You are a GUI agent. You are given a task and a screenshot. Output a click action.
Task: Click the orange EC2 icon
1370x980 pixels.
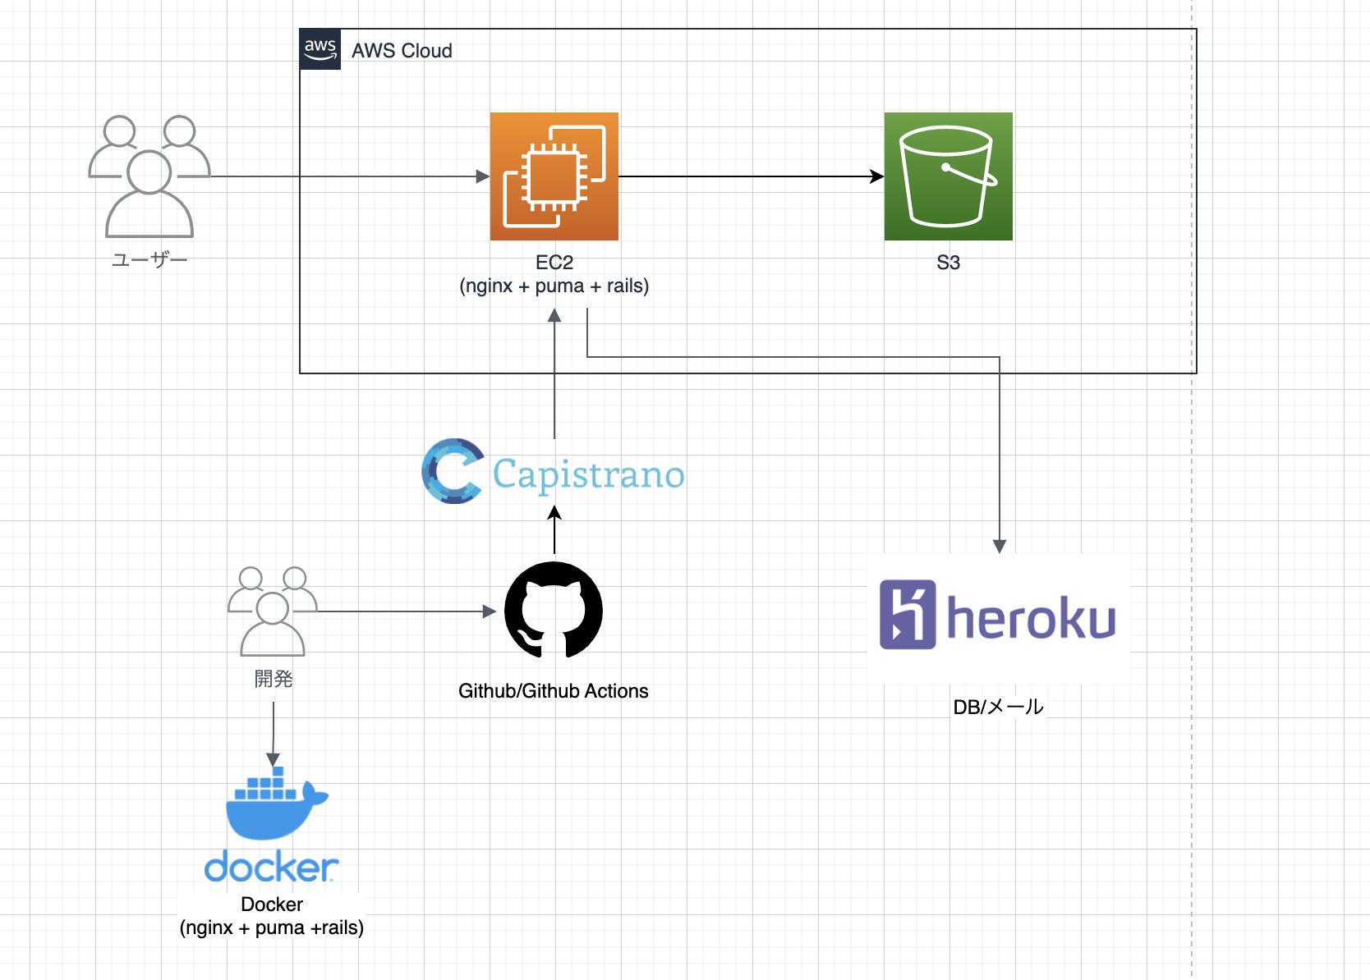[x=554, y=176]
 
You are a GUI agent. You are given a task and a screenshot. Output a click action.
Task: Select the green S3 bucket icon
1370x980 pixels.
[x=948, y=176]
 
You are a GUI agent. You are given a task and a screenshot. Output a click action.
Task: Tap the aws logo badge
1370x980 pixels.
[x=320, y=49]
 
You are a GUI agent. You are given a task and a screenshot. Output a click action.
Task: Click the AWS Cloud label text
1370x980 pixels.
[x=402, y=51]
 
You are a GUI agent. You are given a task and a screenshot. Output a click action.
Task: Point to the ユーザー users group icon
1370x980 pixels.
[x=149, y=176]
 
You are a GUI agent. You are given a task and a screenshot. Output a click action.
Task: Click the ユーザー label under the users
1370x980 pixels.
[x=149, y=260]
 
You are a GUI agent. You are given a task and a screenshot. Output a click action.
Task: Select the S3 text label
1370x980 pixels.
[x=948, y=263]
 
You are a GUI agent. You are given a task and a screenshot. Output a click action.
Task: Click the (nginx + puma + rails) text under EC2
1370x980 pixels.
[x=554, y=286]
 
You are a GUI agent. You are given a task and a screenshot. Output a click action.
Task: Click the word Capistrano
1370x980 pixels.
[x=588, y=474]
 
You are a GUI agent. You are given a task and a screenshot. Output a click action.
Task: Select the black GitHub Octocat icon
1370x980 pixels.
[x=554, y=610]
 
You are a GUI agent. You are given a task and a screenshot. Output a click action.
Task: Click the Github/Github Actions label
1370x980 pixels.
[x=554, y=691]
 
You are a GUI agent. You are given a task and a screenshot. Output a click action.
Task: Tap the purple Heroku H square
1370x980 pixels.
[x=908, y=615]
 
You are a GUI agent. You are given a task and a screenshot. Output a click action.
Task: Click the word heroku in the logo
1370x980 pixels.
[x=1032, y=618]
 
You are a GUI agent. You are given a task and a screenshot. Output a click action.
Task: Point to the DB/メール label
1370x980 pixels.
[x=998, y=707]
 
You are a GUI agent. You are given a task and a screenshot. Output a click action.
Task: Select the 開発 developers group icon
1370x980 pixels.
[x=273, y=611]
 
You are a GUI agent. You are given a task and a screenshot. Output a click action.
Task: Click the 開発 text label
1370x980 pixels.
[x=274, y=679]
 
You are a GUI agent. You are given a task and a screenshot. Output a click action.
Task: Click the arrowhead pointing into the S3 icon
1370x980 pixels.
[x=877, y=176]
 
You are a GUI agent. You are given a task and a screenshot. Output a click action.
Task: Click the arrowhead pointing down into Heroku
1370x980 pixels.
[x=1000, y=547]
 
